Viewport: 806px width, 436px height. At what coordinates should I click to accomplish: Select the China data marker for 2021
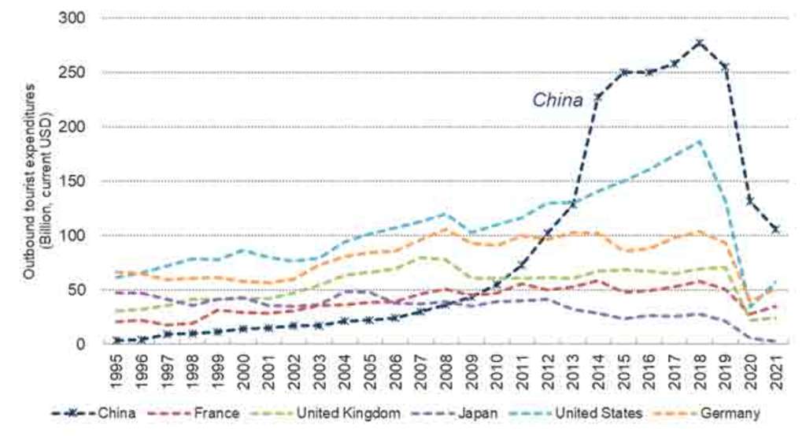tap(775, 229)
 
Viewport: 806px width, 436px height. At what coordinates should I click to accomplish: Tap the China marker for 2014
tap(598, 96)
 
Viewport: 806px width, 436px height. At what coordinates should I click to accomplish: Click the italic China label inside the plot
tap(557, 100)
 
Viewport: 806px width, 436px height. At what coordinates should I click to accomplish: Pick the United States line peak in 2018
tap(699, 142)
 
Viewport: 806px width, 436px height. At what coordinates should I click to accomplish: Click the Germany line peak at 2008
tap(446, 229)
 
